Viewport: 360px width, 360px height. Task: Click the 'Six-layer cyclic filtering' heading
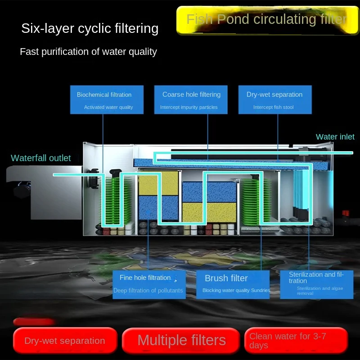click(90, 28)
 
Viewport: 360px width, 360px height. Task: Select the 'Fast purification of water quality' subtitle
click(88, 52)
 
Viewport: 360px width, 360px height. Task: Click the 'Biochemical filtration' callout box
click(107, 99)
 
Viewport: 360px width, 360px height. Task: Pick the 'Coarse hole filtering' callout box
click(191, 99)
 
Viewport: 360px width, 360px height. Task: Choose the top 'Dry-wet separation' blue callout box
click(274, 99)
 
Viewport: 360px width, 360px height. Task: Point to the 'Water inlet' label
click(335, 137)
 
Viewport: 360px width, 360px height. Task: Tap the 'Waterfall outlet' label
click(41, 158)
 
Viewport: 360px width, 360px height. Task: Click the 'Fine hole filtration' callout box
click(148, 283)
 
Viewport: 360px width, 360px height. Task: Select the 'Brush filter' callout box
click(233, 283)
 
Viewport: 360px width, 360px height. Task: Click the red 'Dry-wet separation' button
click(65, 341)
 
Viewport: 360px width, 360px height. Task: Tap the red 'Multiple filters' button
click(181, 340)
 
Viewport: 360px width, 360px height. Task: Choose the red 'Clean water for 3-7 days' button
click(296, 341)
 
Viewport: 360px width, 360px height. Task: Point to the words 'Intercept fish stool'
click(274, 108)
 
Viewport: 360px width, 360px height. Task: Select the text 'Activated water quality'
click(108, 108)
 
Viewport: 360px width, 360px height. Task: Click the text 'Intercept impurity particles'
click(189, 108)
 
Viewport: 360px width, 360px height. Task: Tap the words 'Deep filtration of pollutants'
click(148, 291)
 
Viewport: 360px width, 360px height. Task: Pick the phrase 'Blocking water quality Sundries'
click(236, 291)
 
